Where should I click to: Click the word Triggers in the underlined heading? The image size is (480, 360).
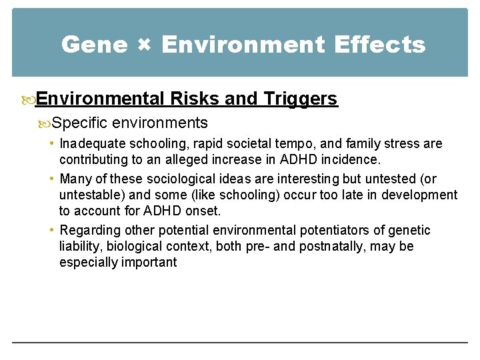(301, 99)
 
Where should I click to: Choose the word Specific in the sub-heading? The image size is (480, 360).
(80, 123)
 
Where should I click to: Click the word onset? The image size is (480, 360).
(205, 211)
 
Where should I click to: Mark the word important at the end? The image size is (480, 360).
(153, 262)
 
